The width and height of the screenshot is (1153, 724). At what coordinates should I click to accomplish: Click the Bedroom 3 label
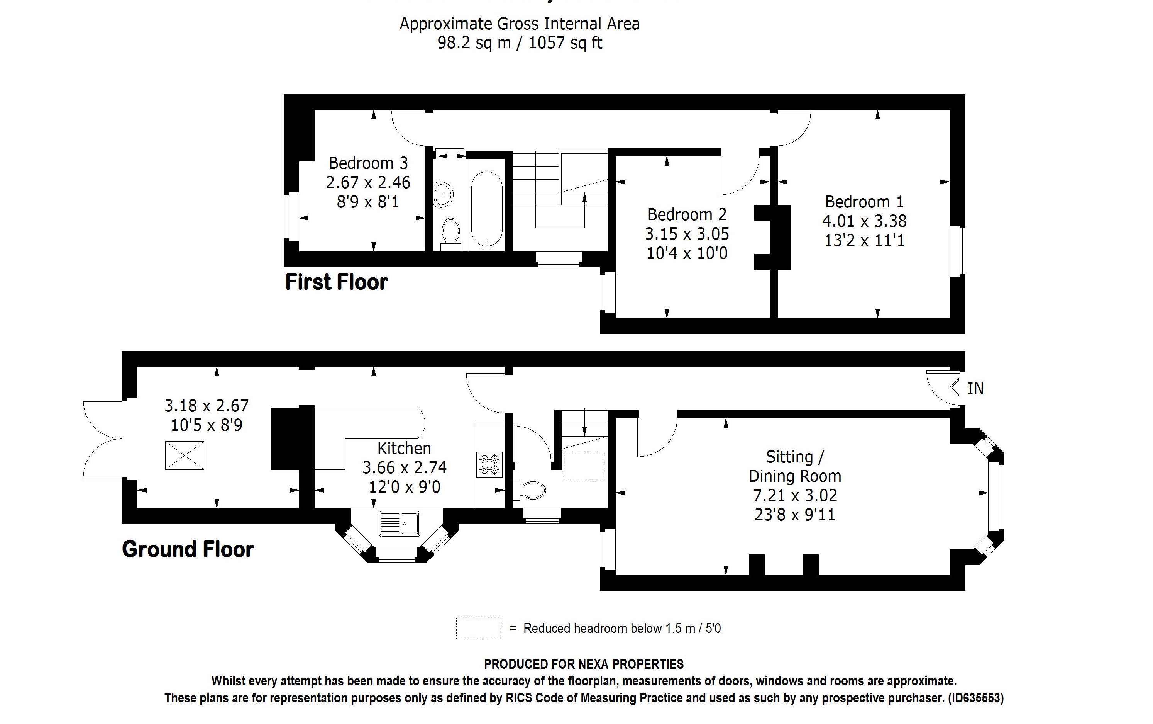point(368,163)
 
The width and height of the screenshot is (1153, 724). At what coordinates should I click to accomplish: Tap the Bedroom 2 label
point(687,214)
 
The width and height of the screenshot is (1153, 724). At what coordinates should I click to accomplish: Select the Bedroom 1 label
point(865,202)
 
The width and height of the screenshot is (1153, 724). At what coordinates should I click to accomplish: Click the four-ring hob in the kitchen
point(489,464)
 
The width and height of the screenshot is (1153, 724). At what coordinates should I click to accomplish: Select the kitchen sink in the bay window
point(400,523)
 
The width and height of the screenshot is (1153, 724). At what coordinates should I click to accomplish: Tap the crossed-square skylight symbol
point(185,455)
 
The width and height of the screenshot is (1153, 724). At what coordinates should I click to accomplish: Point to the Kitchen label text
point(404,448)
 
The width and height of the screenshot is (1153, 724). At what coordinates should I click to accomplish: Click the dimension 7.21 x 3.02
point(795,495)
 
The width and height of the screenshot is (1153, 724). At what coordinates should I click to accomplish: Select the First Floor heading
point(336,282)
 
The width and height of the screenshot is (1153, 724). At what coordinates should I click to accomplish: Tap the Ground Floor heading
point(188,549)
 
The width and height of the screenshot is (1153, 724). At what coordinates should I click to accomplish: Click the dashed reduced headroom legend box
point(478,628)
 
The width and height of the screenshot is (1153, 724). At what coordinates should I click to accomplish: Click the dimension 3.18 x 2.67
point(207,406)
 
